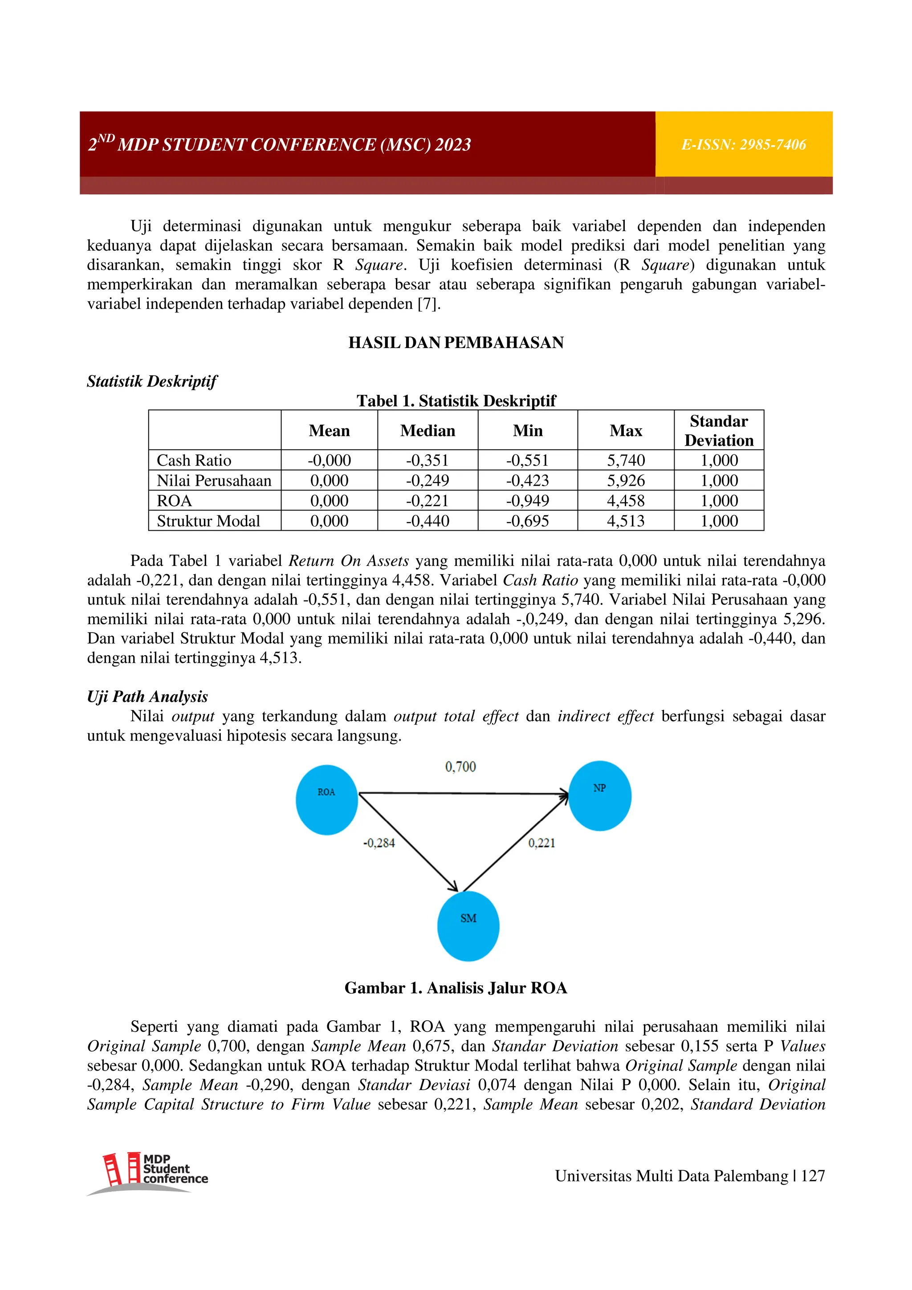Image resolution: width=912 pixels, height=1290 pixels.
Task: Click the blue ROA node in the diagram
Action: tap(326, 799)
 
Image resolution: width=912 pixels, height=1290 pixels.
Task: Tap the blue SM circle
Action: tap(468, 926)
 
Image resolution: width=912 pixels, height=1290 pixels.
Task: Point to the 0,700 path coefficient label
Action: tap(460, 767)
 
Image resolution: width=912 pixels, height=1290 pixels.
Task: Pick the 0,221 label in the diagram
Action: tap(541, 843)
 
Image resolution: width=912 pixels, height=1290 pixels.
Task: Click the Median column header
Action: tap(427, 430)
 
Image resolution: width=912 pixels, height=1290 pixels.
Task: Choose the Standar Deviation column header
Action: tap(719, 430)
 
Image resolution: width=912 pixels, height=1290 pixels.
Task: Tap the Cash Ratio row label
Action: tap(194, 460)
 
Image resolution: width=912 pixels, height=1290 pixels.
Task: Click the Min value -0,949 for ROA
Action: tap(527, 501)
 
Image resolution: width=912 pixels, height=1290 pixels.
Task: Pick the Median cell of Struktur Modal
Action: tap(427, 521)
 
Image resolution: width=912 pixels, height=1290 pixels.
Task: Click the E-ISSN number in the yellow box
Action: tap(743, 145)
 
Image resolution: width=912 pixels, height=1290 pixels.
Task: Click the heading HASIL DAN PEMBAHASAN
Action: tap(456, 343)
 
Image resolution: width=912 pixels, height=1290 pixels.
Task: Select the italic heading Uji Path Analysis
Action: tap(147, 697)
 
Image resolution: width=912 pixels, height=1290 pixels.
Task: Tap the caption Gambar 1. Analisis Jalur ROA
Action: tap(456, 988)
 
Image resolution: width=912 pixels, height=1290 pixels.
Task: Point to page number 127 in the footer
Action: tap(813, 1176)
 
